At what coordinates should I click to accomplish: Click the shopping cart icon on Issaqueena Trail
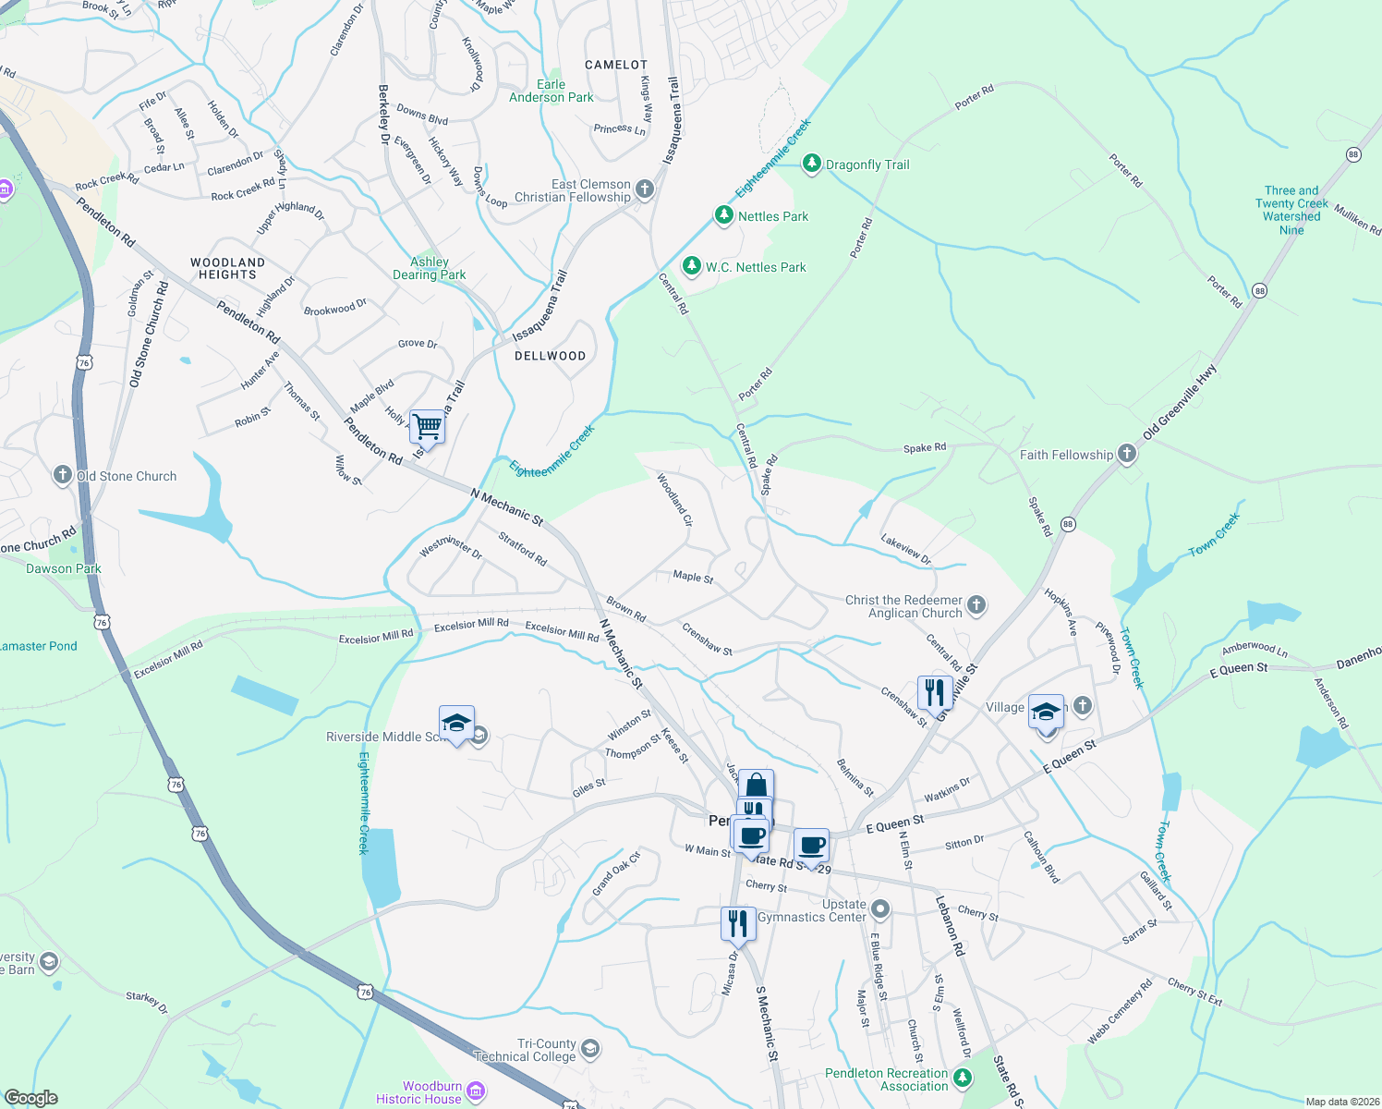(x=428, y=427)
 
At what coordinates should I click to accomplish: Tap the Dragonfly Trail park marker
(x=812, y=164)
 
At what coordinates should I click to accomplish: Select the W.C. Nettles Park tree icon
(x=691, y=266)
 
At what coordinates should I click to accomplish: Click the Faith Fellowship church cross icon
(x=1126, y=454)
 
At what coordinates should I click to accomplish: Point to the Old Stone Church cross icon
(x=62, y=475)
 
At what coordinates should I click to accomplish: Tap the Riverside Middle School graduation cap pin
(x=456, y=724)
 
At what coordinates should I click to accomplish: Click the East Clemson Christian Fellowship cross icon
(x=645, y=190)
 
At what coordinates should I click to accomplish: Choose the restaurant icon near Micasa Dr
(x=737, y=922)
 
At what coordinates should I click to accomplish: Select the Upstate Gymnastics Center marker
(x=880, y=909)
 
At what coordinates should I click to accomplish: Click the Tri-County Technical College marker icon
(x=590, y=1049)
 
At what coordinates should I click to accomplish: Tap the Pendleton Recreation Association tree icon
(x=963, y=1079)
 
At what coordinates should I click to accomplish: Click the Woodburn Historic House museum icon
(x=476, y=1092)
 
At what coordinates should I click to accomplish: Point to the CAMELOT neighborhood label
(x=616, y=65)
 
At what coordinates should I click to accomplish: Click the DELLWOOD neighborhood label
(x=550, y=356)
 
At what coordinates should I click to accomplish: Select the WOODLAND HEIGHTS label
(x=227, y=268)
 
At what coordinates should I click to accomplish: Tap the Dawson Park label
(x=63, y=568)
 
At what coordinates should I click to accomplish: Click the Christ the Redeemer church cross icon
(x=976, y=605)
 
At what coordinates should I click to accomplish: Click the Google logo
(x=31, y=1097)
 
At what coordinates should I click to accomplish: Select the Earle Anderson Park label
(x=552, y=91)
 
